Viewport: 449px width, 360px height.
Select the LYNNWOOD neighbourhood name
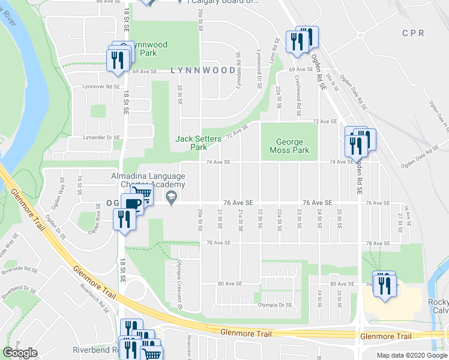point(202,70)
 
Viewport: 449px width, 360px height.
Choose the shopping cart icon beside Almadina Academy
point(142,194)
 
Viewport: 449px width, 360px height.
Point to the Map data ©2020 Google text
point(411,355)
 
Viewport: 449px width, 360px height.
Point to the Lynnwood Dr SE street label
point(259,69)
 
